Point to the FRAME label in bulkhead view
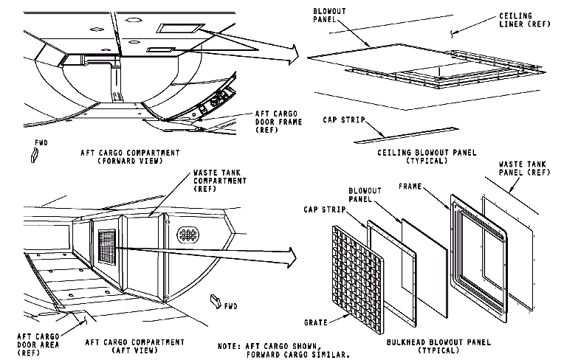[409, 187]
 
